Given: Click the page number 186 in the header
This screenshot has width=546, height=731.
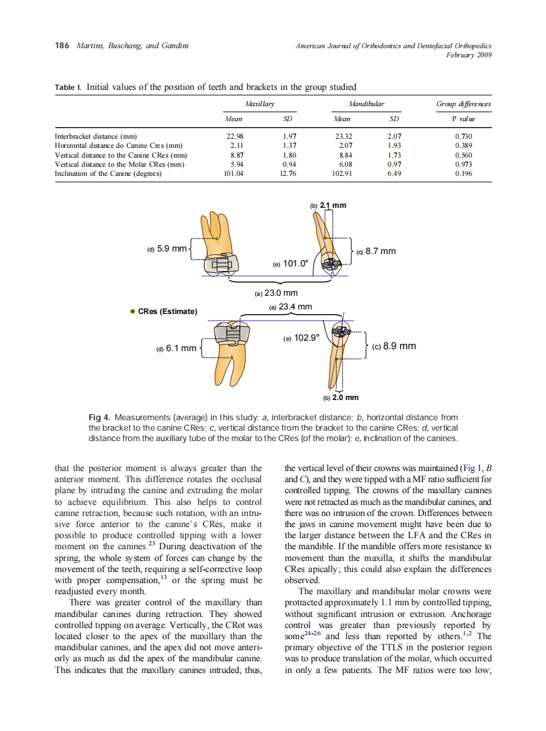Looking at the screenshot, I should pyautogui.click(x=63, y=46).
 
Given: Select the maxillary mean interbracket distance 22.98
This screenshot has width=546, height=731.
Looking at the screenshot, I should pyautogui.click(x=233, y=136).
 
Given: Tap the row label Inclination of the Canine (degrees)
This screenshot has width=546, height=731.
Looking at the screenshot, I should pyautogui.click(x=108, y=174).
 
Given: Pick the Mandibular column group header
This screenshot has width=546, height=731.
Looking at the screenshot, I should pyautogui.click(x=367, y=104).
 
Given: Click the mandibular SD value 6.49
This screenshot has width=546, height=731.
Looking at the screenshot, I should pyautogui.click(x=394, y=174).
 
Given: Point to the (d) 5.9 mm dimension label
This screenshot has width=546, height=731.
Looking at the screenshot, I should pyautogui.click(x=167, y=249).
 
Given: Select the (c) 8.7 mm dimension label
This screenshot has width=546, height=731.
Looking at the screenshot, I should pyautogui.click(x=377, y=251).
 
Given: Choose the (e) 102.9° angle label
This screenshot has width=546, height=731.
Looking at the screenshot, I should pyautogui.click(x=302, y=338).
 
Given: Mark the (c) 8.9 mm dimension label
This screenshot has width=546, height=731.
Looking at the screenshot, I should pyautogui.click(x=394, y=346).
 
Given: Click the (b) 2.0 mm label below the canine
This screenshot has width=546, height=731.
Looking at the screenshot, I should pyautogui.click(x=341, y=397).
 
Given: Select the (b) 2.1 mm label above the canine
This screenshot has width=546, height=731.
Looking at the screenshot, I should pyautogui.click(x=328, y=205).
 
